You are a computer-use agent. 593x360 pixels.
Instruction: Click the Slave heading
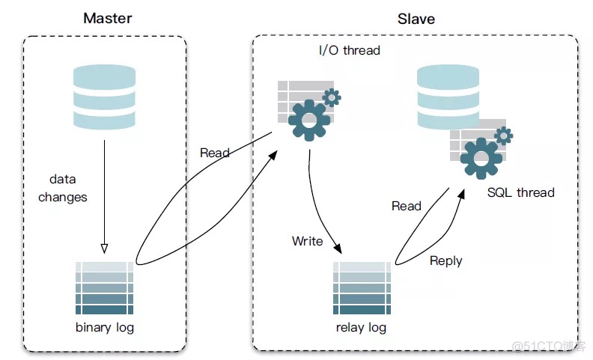click(416, 19)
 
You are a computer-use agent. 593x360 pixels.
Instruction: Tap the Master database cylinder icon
click(104, 97)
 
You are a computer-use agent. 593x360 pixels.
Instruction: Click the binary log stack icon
click(105, 288)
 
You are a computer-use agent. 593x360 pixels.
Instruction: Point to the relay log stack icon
click(362, 288)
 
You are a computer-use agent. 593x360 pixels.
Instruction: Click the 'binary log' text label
click(105, 328)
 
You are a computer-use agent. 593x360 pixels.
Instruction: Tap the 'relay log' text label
click(362, 328)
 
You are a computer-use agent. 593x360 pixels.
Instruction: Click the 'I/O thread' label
click(350, 51)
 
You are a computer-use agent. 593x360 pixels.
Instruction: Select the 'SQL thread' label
click(520, 192)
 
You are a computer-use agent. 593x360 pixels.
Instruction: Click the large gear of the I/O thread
click(309, 120)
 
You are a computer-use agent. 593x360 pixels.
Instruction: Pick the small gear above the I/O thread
click(331, 97)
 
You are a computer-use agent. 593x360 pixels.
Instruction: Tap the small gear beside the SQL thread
click(503, 135)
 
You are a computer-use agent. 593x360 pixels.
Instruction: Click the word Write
click(307, 241)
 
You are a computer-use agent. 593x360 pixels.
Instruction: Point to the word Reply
click(445, 261)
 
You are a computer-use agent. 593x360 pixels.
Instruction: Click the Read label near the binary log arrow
click(215, 153)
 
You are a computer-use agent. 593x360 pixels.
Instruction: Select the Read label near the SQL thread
click(407, 206)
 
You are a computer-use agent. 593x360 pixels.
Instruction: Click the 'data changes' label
click(63, 189)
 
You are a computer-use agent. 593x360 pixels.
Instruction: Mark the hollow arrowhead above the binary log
click(104, 248)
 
